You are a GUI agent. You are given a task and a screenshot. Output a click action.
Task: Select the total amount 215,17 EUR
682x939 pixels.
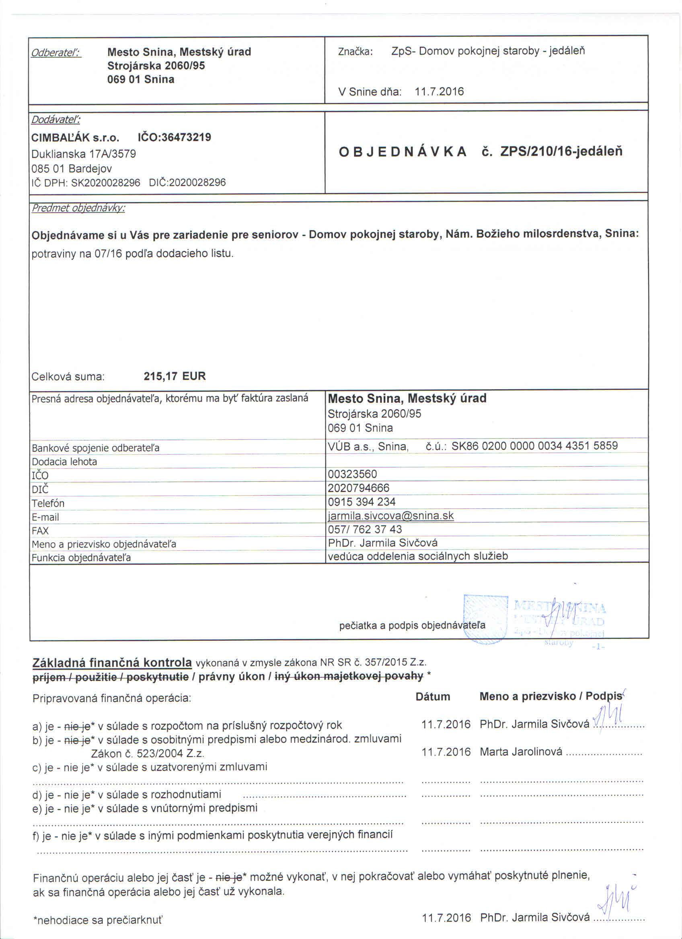pos(175,376)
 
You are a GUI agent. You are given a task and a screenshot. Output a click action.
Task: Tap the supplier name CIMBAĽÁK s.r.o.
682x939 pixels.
pos(75,137)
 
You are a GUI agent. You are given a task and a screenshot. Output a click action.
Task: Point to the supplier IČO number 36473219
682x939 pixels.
pos(186,137)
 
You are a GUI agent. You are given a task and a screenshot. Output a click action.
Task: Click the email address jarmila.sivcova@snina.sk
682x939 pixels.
pos(390,515)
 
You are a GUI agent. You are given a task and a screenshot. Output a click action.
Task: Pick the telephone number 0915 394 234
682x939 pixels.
pos(362,502)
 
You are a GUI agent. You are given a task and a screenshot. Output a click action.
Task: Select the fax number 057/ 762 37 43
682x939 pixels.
pos(365,529)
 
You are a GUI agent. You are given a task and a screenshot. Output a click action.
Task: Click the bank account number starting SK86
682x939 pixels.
pos(534,445)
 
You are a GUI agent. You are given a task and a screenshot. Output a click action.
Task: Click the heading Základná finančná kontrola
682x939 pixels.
pos(112,663)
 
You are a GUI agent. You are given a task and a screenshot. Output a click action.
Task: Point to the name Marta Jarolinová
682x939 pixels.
pos(521,751)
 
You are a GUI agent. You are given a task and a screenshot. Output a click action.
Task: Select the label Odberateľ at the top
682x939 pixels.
pos(56,53)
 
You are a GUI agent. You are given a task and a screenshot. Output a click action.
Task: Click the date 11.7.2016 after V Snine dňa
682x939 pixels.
pos(439,92)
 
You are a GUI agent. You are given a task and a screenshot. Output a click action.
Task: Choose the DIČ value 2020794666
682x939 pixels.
pos(359,488)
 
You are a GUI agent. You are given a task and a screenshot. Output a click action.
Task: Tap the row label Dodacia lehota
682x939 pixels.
pos(64,461)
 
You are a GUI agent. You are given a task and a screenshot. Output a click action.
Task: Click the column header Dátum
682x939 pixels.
pos(432,696)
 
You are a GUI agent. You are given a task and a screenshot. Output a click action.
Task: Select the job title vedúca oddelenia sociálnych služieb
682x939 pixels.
pos(417,556)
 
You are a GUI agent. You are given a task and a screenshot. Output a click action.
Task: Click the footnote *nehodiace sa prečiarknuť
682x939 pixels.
pos(98,921)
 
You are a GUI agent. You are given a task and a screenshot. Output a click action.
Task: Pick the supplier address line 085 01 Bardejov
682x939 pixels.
pos(72,168)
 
